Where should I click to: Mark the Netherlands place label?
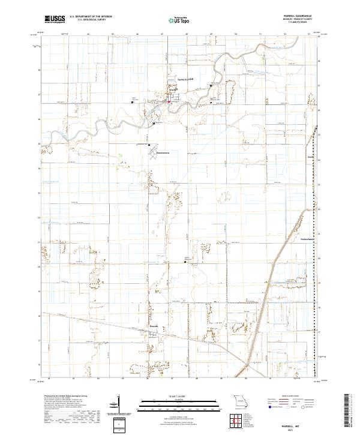point(308,238)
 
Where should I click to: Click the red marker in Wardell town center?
point(169,101)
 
